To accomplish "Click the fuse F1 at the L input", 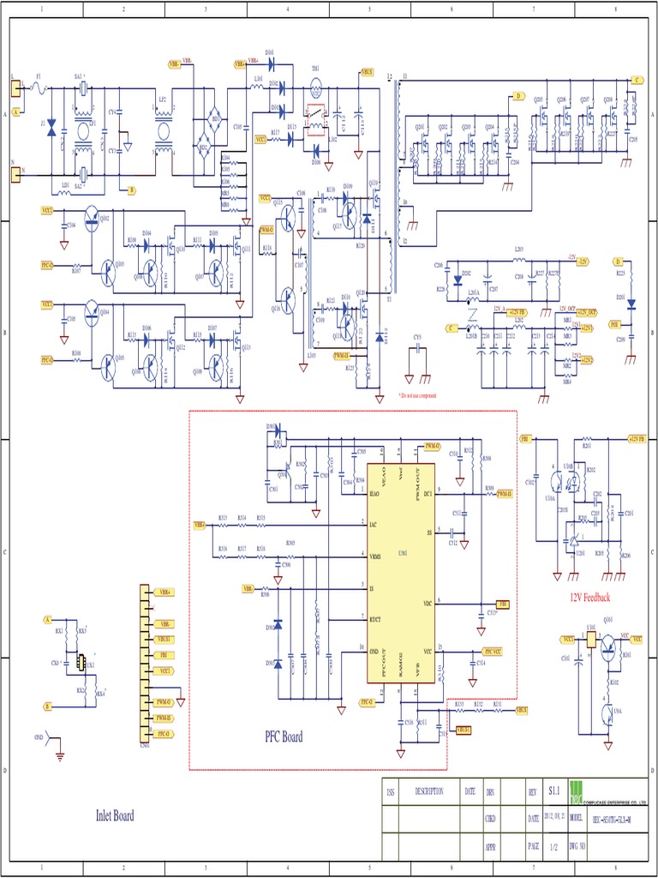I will [x=38, y=87].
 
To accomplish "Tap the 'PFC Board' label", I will [x=284, y=737].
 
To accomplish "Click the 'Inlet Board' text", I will [x=115, y=815].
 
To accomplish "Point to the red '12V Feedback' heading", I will [x=590, y=597].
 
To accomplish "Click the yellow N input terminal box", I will [x=15, y=173].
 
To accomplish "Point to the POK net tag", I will [x=614, y=325].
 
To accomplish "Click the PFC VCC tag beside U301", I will [x=493, y=652].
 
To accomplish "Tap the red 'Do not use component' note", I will [x=417, y=395].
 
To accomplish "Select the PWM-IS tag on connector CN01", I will [x=164, y=718].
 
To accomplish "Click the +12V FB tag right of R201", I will [x=637, y=438].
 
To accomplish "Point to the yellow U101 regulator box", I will [x=591, y=641].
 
